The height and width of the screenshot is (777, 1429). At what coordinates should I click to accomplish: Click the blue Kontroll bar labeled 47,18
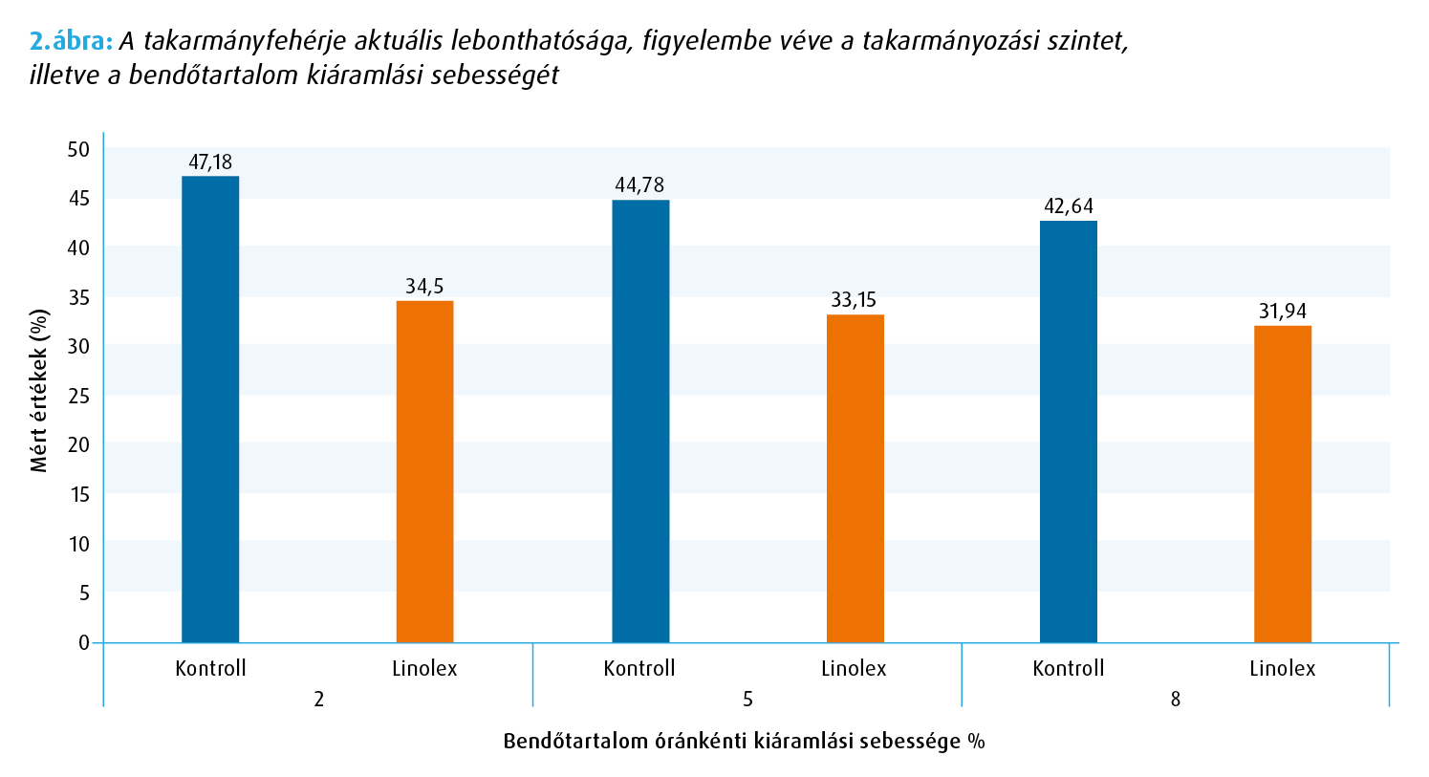pyautogui.click(x=210, y=409)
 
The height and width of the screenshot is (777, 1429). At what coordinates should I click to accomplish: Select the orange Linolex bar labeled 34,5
pyautogui.click(x=424, y=471)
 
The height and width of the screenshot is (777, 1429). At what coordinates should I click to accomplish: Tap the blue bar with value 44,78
pyautogui.click(x=640, y=421)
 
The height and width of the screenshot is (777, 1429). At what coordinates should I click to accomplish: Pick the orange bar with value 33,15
pyautogui.click(x=855, y=478)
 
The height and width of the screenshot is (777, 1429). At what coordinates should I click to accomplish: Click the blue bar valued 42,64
pyautogui.click(x=1068, y=431)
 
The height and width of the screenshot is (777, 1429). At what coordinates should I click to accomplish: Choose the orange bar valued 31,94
pyautogui.click(x=1282, y=484)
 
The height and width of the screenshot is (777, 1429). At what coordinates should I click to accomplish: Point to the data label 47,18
pyautogui.click(x=210, y=162)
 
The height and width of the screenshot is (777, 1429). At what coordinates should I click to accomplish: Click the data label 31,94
pyautogui.click(x=1282, y=312)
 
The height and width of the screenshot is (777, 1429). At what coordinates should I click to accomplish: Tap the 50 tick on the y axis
pyautogui.click(x=78, y=149)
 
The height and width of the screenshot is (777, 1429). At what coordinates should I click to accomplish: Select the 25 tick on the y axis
pyautogui.click(x=78, y=396)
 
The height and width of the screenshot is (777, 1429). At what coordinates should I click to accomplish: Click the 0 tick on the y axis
pyautogui.click(x=84, y=642)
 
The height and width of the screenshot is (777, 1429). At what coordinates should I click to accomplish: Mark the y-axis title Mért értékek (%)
pyautogui.click(x=39, y=390)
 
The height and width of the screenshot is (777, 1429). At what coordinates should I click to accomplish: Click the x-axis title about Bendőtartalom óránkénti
pyautogui.click(x=744, y=742)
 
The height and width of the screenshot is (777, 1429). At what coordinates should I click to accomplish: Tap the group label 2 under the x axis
pyautogui.click(x=318, y=700)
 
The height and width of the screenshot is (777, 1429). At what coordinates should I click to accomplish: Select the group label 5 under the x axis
pyautogui.click(x=747, y=700)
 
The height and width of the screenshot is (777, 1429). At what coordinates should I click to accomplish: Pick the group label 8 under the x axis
pyautogui.click(x=1176, y=700)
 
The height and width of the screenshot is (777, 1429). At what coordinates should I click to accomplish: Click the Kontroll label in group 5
pyautogui.click(x=639, y=668)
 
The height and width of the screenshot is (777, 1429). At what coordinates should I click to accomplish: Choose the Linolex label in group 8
pyautogui.click(x=1282, y=668)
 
